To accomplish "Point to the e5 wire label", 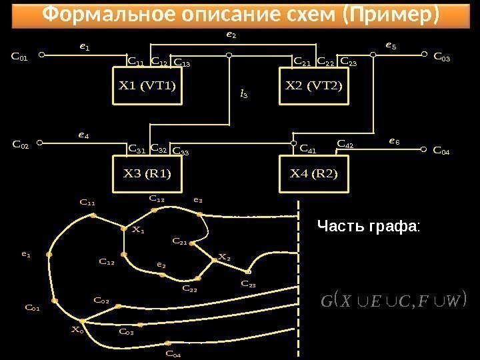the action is (x=391, y=46).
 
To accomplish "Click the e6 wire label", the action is (x=394, y=141).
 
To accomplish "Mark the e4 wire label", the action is (x=83, y=135).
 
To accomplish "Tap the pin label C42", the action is (x=345, y=143).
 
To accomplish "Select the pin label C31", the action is (x=137, y=148).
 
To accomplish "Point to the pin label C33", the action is (x=181, y=151).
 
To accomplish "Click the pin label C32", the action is (x=159, y=148).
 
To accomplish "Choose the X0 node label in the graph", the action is (x=78, y=329).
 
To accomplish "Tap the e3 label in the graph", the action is (x=197, y=199).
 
